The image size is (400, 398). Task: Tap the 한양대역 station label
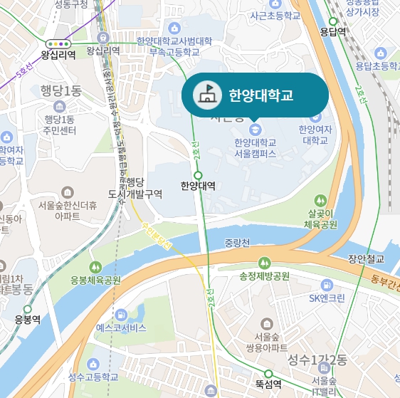(x=197, y=187)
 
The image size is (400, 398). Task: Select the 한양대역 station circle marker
(x=198, y=174)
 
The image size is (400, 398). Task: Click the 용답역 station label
(x=332, y=32)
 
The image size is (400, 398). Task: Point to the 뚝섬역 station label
(x=268, y=385)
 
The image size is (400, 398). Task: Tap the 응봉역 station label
(x=28, y=320)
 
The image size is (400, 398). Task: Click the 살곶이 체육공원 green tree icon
(x=321, y=200)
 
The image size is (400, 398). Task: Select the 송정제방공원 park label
(x=265, y=276)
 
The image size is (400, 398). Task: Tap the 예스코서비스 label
(x=121, y=328)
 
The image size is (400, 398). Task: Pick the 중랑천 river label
(x=236, y=243)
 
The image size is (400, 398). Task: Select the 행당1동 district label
(x=61, y=91)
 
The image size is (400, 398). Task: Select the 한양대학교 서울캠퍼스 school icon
(x=255, y=129)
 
